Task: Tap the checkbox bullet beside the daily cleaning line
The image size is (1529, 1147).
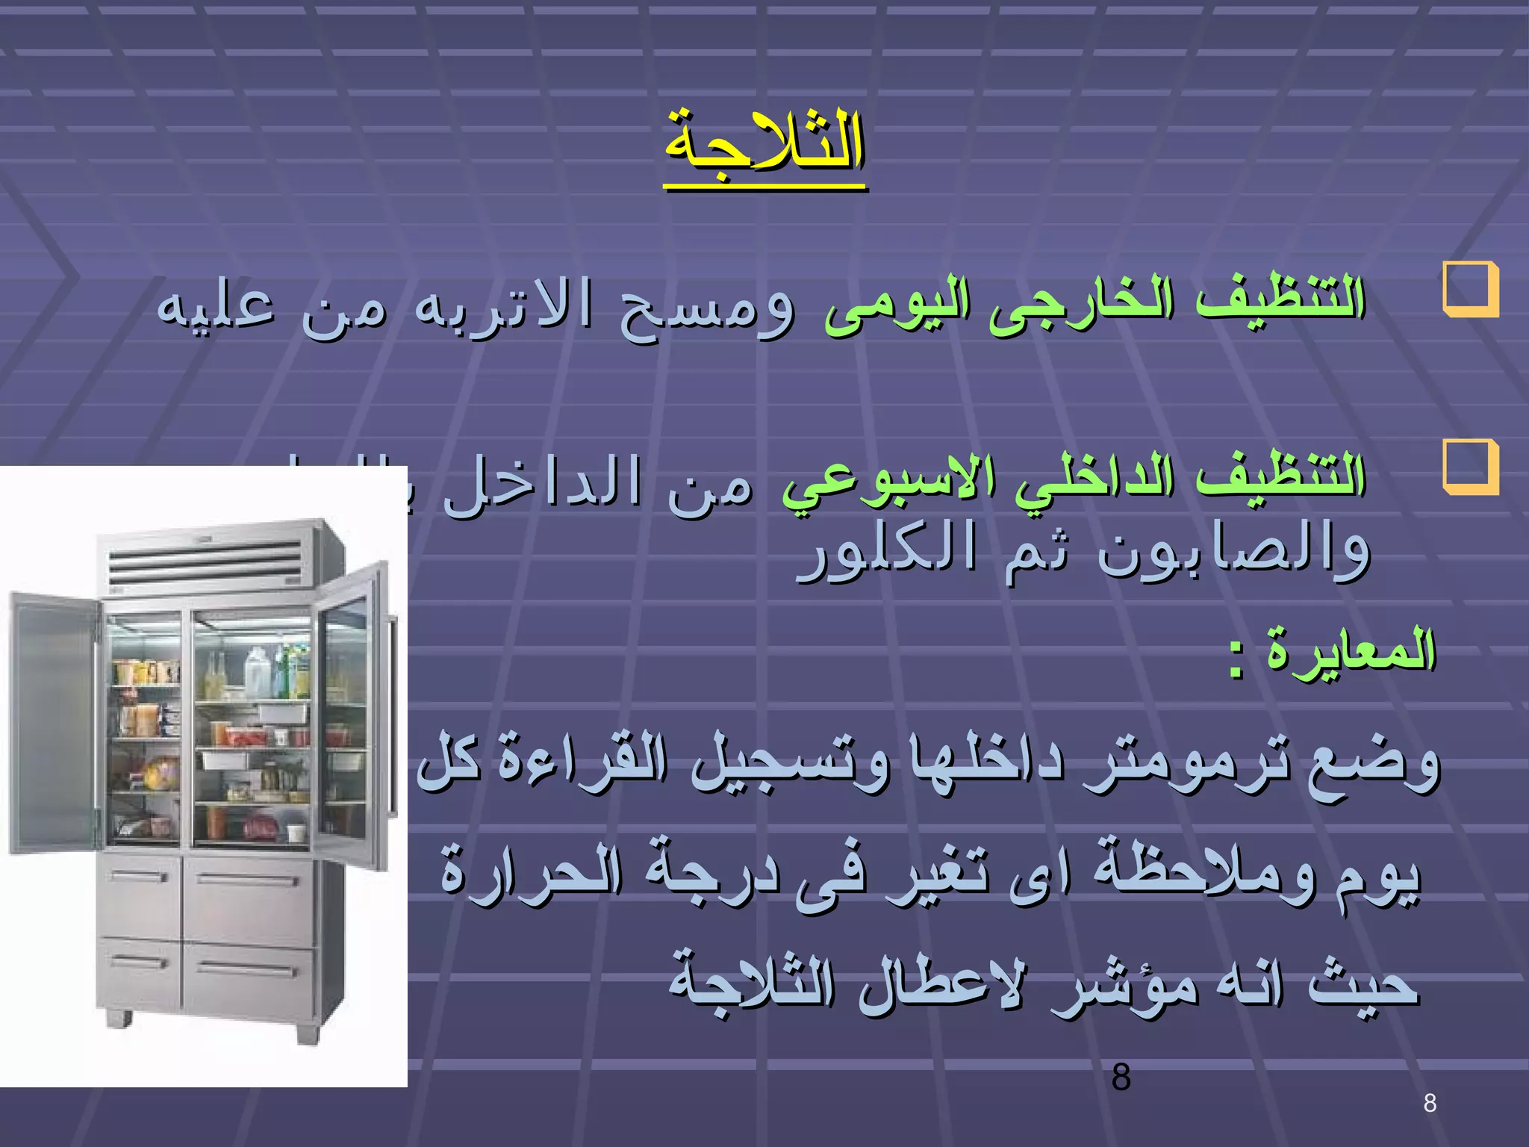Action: point(1470,290)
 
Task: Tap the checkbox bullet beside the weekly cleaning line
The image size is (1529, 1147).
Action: point(1470,467)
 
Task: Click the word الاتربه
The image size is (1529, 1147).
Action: point(504,305)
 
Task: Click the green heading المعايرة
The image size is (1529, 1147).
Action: point(1351,650)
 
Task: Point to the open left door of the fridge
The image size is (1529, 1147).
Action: point(52,721)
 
